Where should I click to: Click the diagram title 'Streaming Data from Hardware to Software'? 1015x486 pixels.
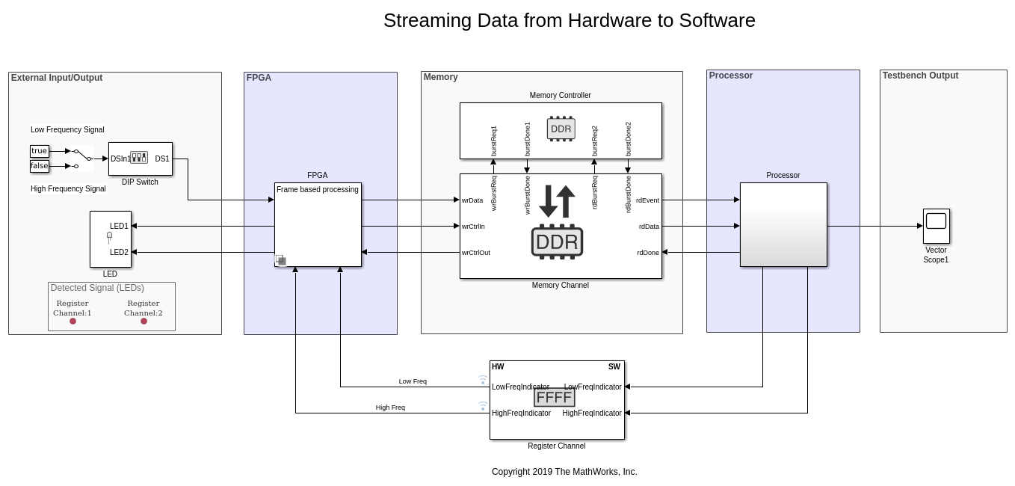[569, 21]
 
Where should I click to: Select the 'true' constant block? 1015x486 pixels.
[39, 151]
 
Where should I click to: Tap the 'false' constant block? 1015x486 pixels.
[39, 166]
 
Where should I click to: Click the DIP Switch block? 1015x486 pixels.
[140, 159]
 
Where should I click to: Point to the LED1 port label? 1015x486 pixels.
[119, 226]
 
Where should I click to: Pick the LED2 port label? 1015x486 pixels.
[119, 252]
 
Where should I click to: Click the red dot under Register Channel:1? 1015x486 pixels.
[72, 322]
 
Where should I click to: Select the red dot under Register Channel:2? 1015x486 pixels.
[144, 322]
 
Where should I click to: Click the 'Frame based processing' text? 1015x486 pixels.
[317, 190]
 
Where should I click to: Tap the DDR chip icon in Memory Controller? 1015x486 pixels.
[561, 129]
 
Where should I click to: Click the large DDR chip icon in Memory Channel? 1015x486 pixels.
[557, 242]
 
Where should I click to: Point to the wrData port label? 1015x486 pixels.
[472, 200]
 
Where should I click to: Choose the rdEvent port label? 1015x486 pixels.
[647, 200]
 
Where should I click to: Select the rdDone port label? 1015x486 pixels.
[648, 253]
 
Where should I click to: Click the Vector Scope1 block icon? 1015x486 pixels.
[936, 225]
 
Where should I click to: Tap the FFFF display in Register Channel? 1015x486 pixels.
[554, 398]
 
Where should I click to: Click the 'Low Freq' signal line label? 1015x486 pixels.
[413, 381]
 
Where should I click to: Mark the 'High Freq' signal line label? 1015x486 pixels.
[390, 407]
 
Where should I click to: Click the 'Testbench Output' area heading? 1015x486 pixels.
[920, 76]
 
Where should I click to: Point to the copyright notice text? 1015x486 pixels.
[564, 472]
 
